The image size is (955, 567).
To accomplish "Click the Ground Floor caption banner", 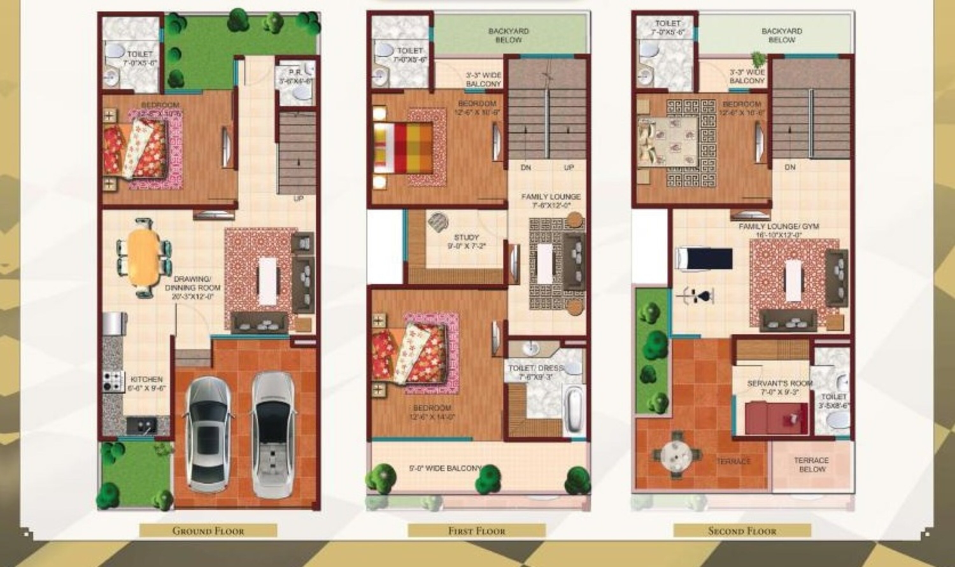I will click(208, 531).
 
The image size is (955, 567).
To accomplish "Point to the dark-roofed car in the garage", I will click(208, 433).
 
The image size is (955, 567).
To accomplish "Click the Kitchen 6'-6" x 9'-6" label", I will click(147, 384).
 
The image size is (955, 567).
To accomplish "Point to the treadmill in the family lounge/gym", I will click(704, 258).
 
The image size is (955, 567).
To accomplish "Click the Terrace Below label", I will click(811, 464).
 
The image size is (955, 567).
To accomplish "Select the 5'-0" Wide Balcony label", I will click(445, 468).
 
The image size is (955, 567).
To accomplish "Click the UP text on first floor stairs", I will click(569, 168).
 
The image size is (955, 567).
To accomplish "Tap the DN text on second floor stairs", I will click(790, 167).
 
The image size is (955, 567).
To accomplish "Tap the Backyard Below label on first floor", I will click(508, 35).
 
